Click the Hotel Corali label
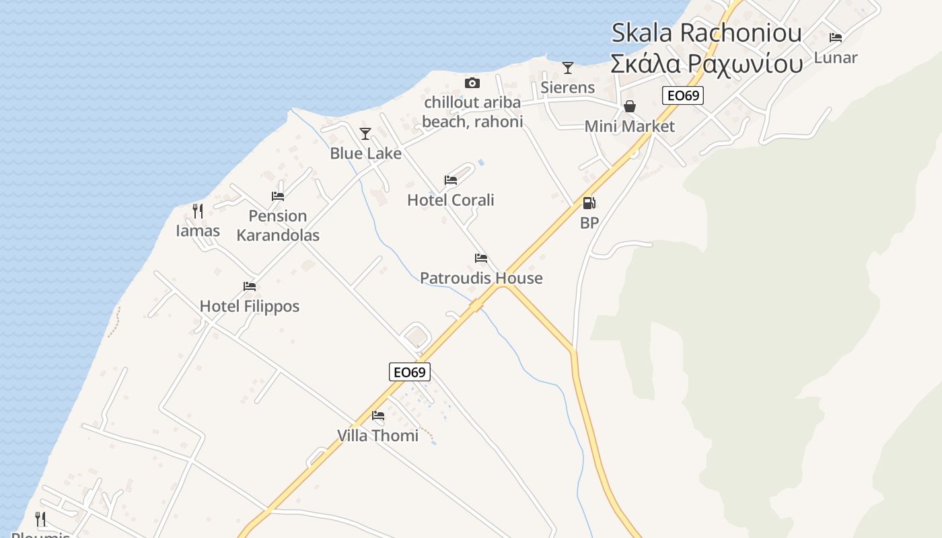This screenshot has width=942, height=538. point(451,200)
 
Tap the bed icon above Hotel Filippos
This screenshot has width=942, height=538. point(250,286)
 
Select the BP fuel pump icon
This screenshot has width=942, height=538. point(589,202)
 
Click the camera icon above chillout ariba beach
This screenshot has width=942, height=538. point(472,83)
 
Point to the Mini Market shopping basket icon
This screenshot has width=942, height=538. point(630,106)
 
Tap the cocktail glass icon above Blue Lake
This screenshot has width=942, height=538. point(365,134)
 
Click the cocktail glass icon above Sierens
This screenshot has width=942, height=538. point(568,67)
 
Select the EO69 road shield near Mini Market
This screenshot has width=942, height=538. point(683,95)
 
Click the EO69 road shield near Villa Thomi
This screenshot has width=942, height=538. point(409,372)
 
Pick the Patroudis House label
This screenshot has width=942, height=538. point(481,278)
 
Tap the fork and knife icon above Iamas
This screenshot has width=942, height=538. point(198,211)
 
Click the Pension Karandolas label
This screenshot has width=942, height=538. point(278,225)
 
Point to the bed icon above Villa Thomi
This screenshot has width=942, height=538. point(378,416)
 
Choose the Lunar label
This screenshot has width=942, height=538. point(836,58)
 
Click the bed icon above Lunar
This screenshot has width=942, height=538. point(836,38)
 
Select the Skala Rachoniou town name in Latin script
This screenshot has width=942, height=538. point(706,32)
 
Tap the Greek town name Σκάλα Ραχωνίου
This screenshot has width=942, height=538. point(706,63)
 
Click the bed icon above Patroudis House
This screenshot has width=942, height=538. point(481,258)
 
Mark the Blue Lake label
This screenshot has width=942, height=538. point(365,153)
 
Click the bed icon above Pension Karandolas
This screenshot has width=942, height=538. point(278,196)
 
